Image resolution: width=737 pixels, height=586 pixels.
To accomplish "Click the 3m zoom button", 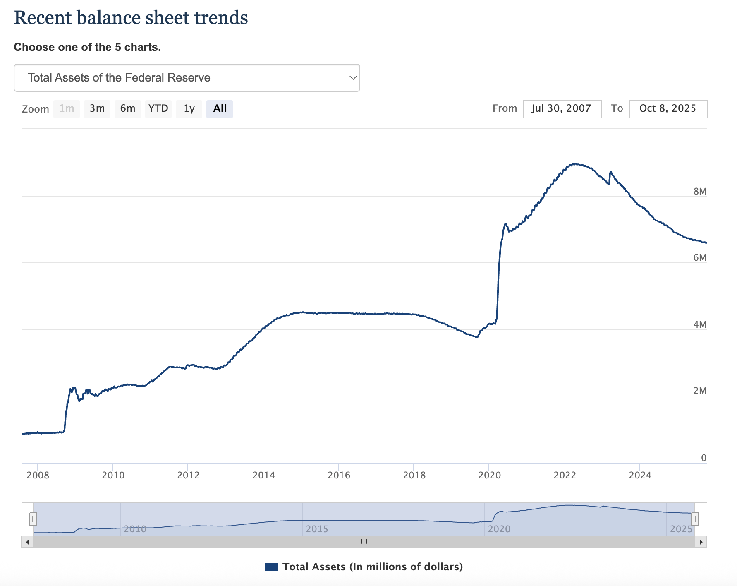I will click(97, 109).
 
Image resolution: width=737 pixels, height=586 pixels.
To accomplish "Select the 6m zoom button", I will click(128, 109).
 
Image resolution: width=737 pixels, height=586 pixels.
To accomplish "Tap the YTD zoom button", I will click(158, 109).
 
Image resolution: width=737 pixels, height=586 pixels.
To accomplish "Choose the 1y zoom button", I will click(189, 109).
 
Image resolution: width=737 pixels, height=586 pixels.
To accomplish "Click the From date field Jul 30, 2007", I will click(562, 109).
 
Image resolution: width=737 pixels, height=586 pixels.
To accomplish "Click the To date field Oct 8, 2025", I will click(668, 109).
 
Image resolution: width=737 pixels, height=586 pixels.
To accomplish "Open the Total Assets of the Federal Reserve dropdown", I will click(187, 78).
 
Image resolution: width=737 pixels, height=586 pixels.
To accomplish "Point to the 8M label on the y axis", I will click(700, 191).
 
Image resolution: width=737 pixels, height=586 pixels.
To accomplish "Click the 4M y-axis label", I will click(700, 324).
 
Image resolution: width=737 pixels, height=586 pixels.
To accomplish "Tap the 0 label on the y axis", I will click(703, 458).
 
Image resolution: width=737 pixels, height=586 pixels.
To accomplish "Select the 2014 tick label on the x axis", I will click(263, 475).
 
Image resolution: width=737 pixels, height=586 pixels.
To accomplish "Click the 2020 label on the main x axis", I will click(489, 475).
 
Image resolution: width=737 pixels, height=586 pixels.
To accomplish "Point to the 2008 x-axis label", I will click(38, 475).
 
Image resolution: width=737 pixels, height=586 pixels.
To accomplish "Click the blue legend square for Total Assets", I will click(271, 567).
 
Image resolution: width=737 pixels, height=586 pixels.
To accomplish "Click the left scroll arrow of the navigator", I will click(27, 542).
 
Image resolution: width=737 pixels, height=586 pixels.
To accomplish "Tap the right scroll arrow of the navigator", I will click(701, 542).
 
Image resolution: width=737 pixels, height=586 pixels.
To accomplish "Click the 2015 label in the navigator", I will click(317, 529).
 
